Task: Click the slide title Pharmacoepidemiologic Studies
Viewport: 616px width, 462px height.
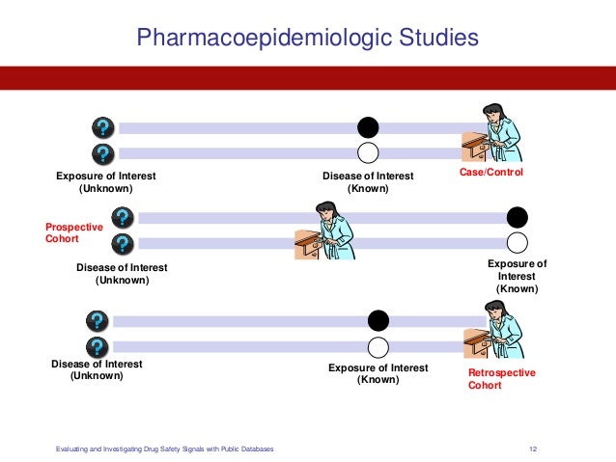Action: (x=307, y=39)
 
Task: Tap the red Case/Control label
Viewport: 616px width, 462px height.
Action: (x=491, y=172)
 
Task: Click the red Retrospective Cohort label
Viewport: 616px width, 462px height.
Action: (x=501, y=379)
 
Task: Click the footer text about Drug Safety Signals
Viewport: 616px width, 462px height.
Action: (x=164, y=448)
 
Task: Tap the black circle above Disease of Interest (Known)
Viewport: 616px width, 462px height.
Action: (x=368, y=127)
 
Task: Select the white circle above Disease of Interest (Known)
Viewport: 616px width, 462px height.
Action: (x=368, y=152)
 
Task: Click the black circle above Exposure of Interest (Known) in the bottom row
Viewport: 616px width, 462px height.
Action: (x=378, y=321)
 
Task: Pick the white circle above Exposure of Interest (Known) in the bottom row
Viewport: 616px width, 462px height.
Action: (x=378, y=347)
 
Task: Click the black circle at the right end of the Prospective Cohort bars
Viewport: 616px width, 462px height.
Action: (x=518, y=217)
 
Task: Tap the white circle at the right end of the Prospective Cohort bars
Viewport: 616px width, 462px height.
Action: (x=518, y=242)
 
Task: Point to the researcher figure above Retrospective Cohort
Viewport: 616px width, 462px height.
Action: (x=495, y=331)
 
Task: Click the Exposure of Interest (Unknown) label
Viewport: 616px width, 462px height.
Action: (x=105, y=182)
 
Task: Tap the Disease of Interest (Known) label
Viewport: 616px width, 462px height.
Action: (x=368, y=182)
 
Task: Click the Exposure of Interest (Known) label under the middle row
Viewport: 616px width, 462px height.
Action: (x=517, y=276)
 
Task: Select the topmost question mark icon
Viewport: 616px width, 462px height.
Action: (x=103, y=127)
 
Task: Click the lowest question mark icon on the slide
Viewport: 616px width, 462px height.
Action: (x=98, y=346)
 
